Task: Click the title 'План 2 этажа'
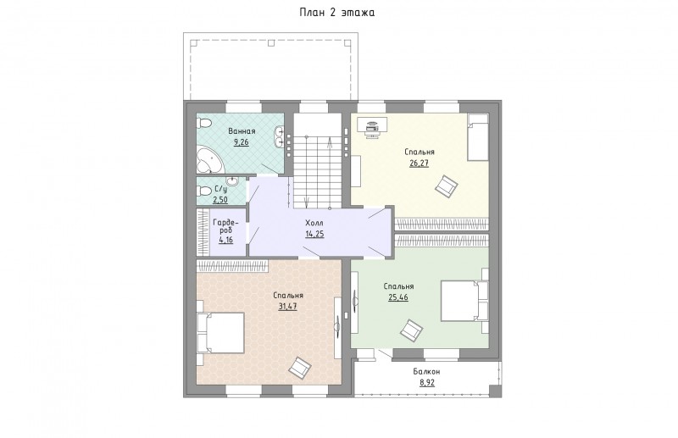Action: [337, 13]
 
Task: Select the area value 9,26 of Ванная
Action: [242, 142]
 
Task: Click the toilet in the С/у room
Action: [203, 191]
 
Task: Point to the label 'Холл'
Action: [314, 223]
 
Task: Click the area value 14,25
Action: [314, 234]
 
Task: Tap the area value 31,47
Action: [287, 307]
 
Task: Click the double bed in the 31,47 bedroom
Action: [221, 332]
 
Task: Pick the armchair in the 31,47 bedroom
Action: [300, 368]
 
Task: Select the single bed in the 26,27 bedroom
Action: [478, 137]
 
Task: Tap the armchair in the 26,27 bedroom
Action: [447, 186]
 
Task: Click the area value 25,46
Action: [398, 297]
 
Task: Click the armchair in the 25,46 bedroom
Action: [411, 330]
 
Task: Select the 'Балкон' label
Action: [426, 371]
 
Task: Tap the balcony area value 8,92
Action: [427, 382]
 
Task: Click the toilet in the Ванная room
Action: [203, 124]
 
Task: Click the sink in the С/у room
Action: [232, 180]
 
